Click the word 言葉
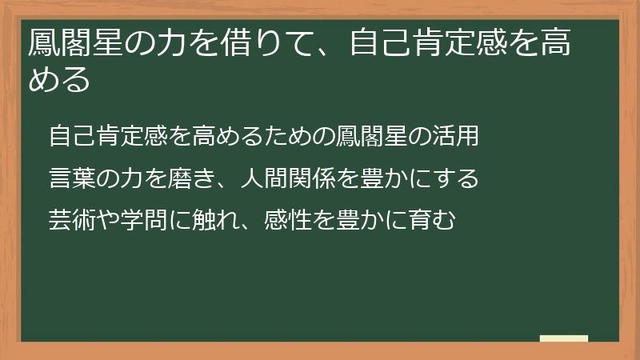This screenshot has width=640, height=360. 72,178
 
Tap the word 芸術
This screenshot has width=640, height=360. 72,218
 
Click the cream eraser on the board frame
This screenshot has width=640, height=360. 563,338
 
